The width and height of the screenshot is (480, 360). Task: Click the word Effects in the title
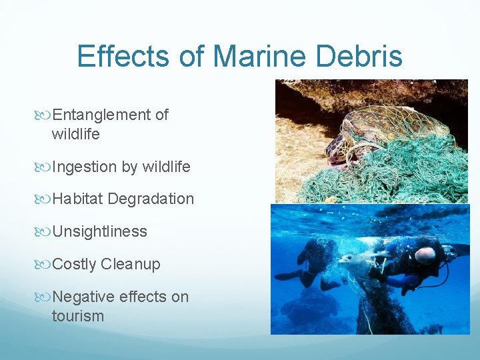click(126, 56)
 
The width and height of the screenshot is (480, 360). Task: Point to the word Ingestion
click(85, 167)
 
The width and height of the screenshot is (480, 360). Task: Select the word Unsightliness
click(99, 231)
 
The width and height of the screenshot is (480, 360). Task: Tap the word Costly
click(74, 264)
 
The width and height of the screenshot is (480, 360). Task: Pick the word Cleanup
click(131, 264)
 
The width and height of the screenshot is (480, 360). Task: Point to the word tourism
click(78, 315)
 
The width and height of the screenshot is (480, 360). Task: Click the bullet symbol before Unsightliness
click(45, 232)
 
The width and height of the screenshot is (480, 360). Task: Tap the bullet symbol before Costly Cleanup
click(45, 265)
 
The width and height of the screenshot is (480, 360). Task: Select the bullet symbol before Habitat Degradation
click(45, 199)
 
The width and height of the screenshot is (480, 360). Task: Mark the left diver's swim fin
click(287, 275)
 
